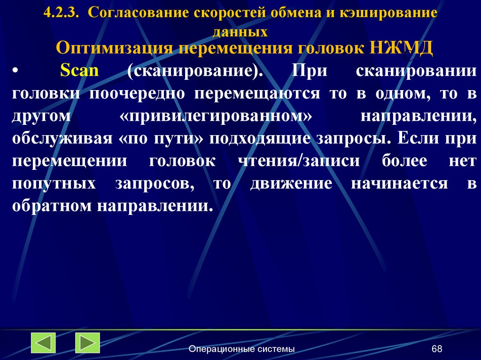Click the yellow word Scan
80,71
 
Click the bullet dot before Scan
16,71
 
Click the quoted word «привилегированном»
217,115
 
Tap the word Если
414,138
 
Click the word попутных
54,183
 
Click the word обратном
52,206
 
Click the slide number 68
437,349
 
